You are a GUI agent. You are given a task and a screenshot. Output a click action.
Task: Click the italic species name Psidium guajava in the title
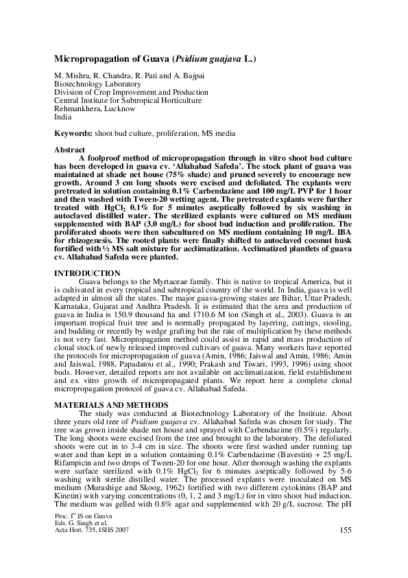click(x=211, y=59)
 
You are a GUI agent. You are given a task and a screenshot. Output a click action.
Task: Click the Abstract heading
click(x=70, y=150)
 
